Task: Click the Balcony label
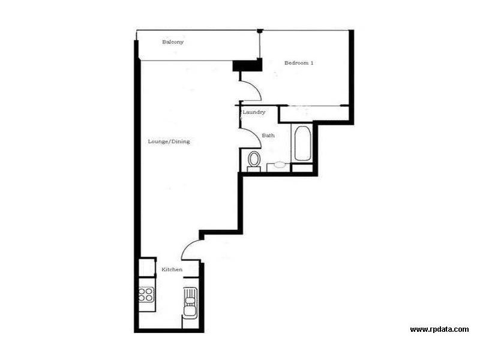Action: [172, 42]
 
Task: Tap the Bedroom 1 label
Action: [299, 63]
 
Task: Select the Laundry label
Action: [254, 112]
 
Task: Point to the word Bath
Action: [268, 136]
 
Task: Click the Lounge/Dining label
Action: [169, 142]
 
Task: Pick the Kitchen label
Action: [172, 270]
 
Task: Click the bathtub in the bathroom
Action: [302, 143]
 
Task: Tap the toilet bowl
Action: [254, 159]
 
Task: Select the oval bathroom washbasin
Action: [280, 164]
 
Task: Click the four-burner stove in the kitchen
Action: [146, 294]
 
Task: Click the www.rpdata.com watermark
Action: [439, 329]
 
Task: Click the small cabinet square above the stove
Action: [147, 267]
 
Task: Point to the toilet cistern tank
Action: [254, 169]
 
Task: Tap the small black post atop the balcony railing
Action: [259, 31]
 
